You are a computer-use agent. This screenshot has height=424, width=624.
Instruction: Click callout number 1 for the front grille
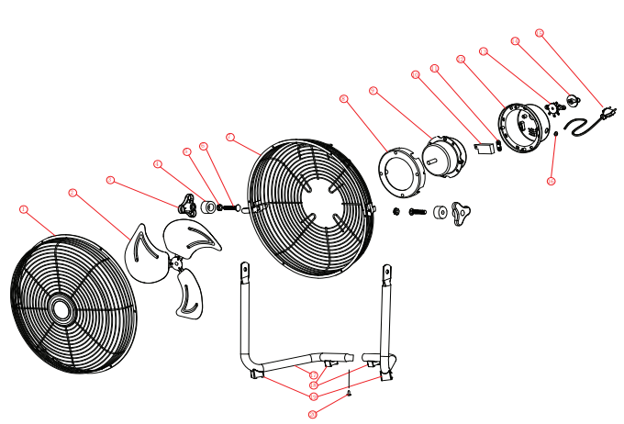tap(24, 209)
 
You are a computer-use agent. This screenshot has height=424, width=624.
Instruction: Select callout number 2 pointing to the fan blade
tap(72, 193)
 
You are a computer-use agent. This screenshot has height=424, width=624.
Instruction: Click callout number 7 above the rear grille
tap(230, 139)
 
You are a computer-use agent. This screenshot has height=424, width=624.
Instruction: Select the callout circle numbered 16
tap(551, 181)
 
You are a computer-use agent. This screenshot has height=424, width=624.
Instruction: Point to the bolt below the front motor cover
tap(418, 212)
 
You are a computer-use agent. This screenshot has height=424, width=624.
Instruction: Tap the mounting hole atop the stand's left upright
tap(245, 269)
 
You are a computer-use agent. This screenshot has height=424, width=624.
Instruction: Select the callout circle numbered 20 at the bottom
tap(313, 415)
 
